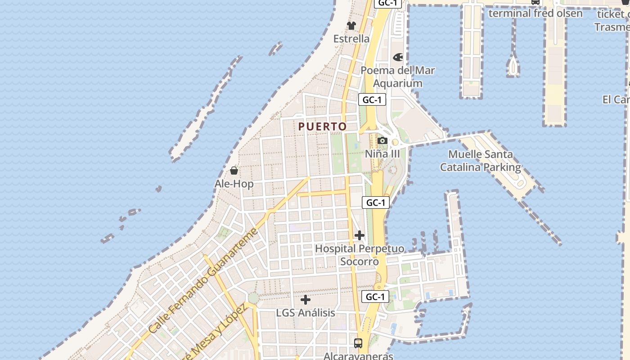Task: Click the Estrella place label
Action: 351,39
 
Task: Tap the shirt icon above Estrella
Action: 351,25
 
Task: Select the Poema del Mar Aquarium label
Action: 398,76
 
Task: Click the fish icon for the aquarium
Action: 398,57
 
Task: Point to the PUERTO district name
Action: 323,127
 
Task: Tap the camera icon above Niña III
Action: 382,140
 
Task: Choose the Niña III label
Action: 382,154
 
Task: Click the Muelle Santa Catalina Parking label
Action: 480,161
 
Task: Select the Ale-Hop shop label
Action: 234,184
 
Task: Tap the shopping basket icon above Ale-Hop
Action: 234,171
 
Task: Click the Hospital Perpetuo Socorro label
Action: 360,255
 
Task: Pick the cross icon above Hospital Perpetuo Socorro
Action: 359,235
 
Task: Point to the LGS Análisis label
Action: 306,313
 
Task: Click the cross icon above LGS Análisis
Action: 306,299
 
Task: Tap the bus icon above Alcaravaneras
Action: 358,343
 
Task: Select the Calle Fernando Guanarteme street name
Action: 203,281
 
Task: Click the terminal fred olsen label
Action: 535,13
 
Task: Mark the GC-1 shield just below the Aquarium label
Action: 372,99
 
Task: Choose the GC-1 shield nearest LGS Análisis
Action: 375,297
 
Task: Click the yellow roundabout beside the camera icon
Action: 395,142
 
